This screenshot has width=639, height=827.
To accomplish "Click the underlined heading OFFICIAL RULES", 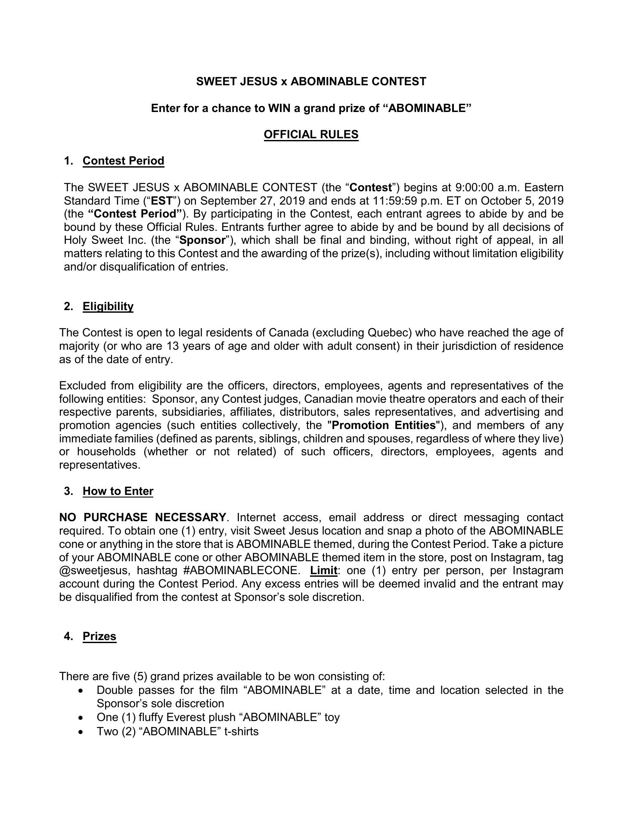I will click(311, 135).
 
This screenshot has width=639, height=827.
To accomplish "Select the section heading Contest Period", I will click(123, 161).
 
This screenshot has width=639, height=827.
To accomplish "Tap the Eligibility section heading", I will click(108, 307).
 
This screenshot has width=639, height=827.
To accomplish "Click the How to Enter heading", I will click(118, 491).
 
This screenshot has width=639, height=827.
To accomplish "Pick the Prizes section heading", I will click(99, 637).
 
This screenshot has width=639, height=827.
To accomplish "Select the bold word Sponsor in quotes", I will click(202, 240).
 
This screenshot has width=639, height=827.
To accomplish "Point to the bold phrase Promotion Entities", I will click(384, 426).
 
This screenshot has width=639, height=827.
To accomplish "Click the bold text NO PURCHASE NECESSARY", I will click(143, 518).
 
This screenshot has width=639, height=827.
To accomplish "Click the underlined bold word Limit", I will click(323, 571).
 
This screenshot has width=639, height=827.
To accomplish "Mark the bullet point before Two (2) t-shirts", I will click(81, 732).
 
